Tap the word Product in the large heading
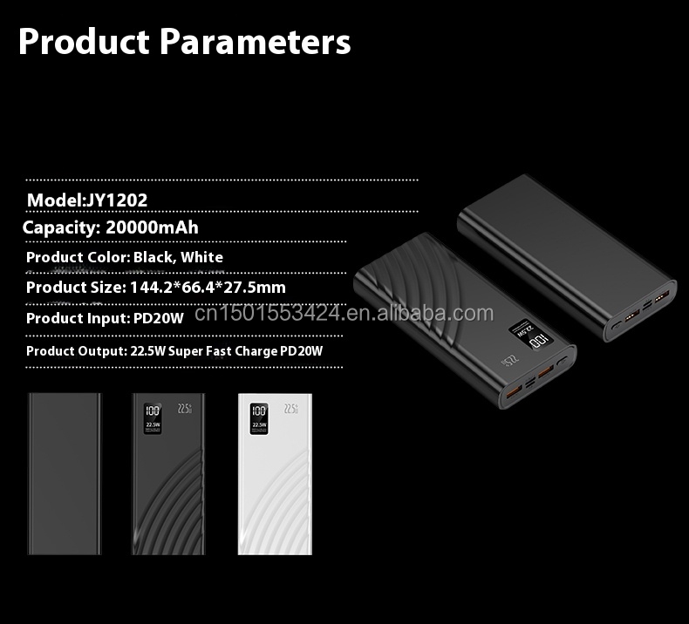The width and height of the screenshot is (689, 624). pos(84,40)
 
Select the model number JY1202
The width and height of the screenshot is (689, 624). pos(116,200)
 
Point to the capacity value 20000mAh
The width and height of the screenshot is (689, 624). pos(152,227)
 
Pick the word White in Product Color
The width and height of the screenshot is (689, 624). pos(202,257)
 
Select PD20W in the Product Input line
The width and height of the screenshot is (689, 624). pos(158,318)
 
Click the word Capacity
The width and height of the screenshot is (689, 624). pos(60,227)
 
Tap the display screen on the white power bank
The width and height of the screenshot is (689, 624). pos(259,417)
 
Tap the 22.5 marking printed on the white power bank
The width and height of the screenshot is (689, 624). pos(291,407)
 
